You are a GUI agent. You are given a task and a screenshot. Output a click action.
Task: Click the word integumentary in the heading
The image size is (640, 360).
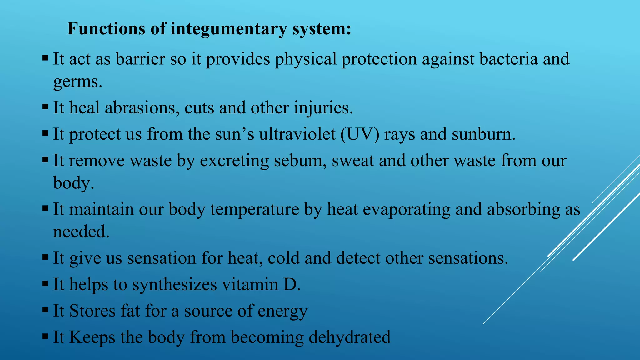(x=228, y=29)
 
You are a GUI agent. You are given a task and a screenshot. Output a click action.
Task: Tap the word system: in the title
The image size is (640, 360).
(x=322, y=29)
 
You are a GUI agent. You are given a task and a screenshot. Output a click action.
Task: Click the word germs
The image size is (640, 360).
(x=77, y=82)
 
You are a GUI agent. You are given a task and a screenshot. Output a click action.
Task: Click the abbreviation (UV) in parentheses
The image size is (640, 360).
(x=360, y=134)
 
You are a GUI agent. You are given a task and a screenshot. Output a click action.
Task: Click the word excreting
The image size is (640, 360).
(x=234, y=161)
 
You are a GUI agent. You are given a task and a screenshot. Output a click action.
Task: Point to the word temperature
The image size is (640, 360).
(x=255, y=209)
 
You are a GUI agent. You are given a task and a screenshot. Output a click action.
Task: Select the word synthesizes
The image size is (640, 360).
(x=174, y=285)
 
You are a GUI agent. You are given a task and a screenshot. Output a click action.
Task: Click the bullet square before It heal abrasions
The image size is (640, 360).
(x=45, y=107)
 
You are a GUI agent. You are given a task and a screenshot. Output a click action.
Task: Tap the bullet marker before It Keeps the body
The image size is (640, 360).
(x=45, y=337)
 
